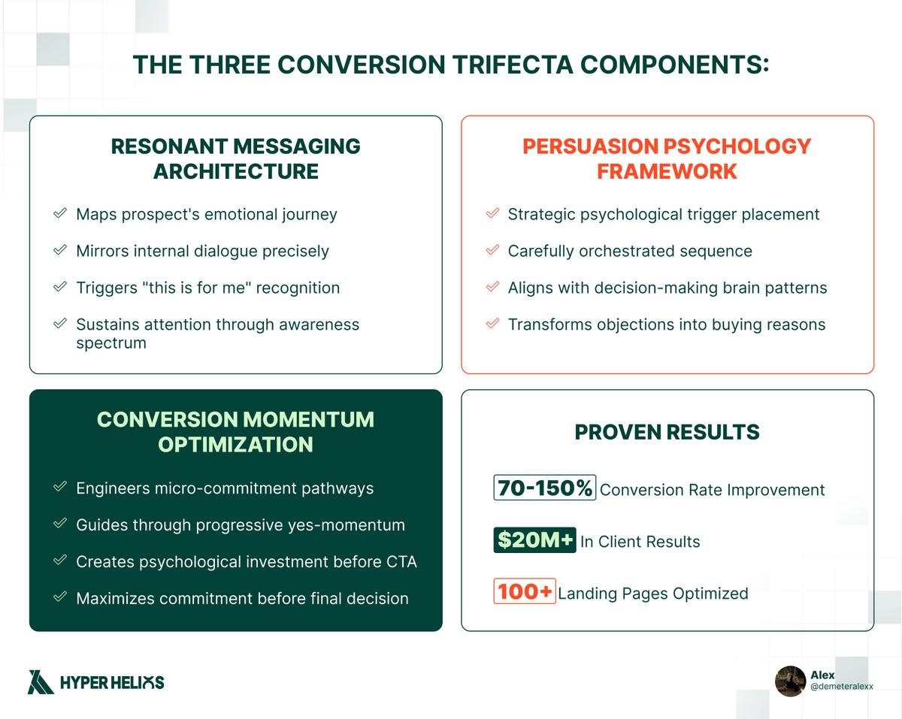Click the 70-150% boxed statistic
point(545,488)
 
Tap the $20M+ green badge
point(534,541)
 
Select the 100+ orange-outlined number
point(525,592)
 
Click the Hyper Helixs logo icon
point(41,681)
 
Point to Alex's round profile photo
point(790,681)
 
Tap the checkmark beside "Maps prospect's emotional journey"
point(59,214)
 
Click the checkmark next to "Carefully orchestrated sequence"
point(492,251)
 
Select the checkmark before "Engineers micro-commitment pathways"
point(59,488)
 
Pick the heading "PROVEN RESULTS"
point(667,433)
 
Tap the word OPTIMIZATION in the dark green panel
point(235,444)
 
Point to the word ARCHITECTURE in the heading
point(235,171)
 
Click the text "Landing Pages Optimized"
point(653,594)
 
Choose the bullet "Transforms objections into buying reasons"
point(666,325)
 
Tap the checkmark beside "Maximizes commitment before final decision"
point(59,598)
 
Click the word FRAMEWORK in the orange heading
point(667,171)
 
